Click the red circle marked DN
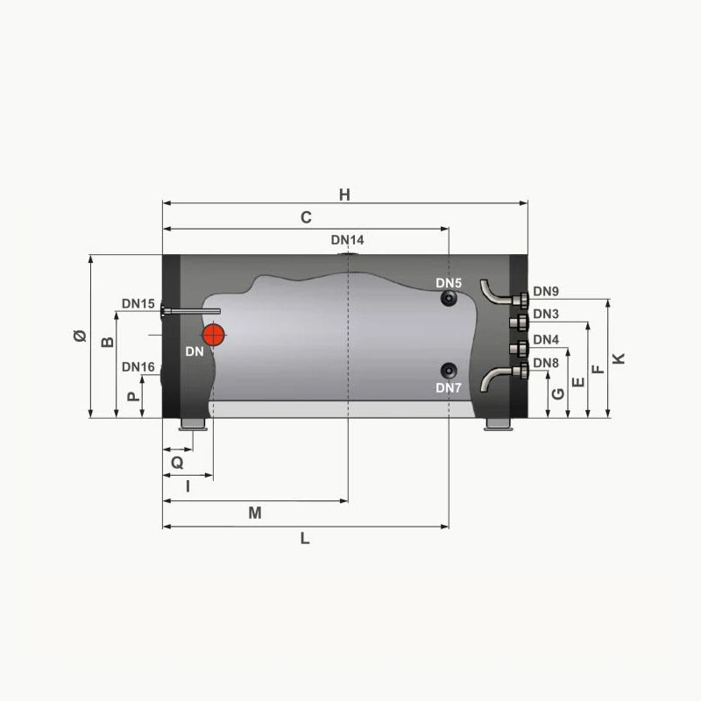pos(214,335)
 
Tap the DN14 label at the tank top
pos(348,240)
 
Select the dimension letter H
pos(345,195)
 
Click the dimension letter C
pos(306,218)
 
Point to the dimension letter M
pos(255,513)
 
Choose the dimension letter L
pos(305,539)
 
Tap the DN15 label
pos(138,304)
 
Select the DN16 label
pos(138,367)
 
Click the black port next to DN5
pos(450,300)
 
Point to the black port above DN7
pos(450,369)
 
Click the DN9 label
pos(545,292)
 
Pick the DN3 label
pos(545,314)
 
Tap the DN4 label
pos(545,340)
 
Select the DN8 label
pos(545,363)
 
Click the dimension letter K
pos(620,358)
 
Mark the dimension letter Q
pos(177,461)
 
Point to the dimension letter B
pos(108,342)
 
